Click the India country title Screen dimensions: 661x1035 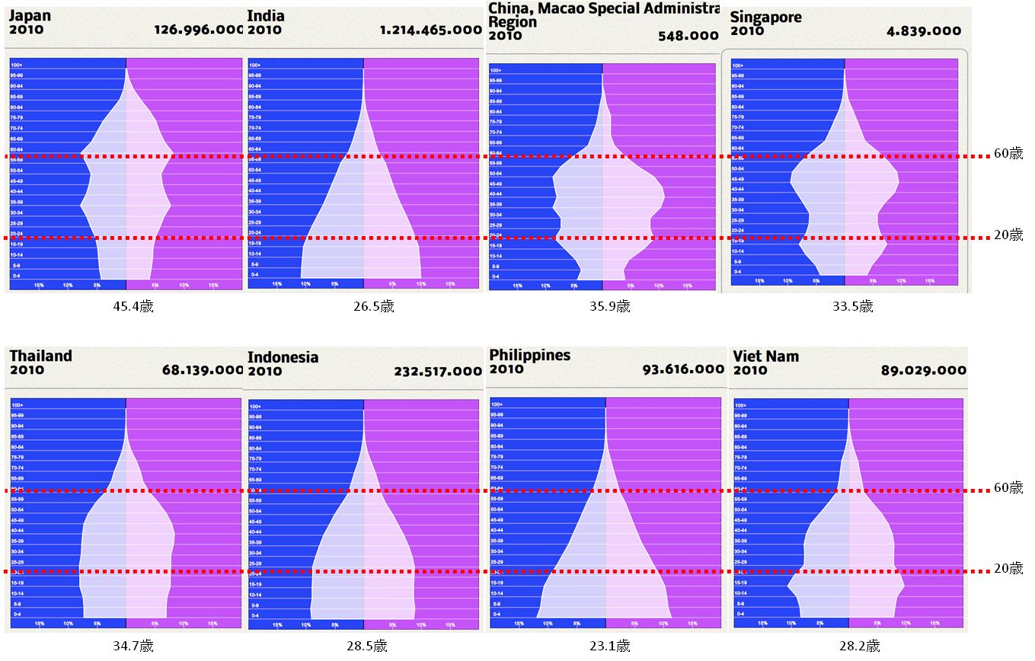click(266, 16)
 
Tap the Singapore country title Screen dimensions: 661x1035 click(765, 17)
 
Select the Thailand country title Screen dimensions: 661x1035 click(40, 356)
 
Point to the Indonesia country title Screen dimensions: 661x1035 click(283, 357)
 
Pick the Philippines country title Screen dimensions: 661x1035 click(529, 355)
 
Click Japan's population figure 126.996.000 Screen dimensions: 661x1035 click(199, 30)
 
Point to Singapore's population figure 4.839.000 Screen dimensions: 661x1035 click(924, 31)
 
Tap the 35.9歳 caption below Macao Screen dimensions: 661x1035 click(612, 306)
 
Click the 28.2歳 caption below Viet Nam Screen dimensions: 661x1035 click(860, 646)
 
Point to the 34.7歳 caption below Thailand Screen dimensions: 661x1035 click(133, 646)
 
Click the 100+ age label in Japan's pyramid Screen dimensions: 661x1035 click(16, 65)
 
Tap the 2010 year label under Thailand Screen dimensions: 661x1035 click(27, 370)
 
